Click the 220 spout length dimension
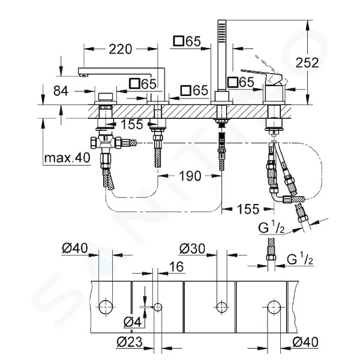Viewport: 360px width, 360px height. pos(121,49)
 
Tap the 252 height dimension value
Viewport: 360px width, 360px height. pos(307,62)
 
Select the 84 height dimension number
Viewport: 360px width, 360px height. pos(61,91)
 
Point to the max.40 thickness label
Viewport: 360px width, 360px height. pos(67,158)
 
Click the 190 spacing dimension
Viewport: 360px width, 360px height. pos(190,176)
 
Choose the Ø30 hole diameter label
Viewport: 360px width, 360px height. pos(192,248)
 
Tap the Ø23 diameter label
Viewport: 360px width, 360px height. pos(130,342)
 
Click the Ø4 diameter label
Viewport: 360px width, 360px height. pos(132,322)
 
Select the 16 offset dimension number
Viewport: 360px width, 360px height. pos(176,266)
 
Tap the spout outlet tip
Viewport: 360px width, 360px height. pos(83,75)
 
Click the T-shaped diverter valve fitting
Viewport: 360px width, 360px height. pos(105,143)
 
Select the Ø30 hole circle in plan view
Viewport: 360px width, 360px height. pos(222,307)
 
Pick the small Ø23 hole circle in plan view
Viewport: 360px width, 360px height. pos(158,307)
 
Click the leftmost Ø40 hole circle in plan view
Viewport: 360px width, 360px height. pos(106,307)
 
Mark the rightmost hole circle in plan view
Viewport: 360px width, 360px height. pos(274,307)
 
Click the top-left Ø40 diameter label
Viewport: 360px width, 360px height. pos(75,248)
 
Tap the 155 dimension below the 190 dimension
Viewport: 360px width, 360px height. pos(248,209)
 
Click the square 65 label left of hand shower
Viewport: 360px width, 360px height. pos(187,41)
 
